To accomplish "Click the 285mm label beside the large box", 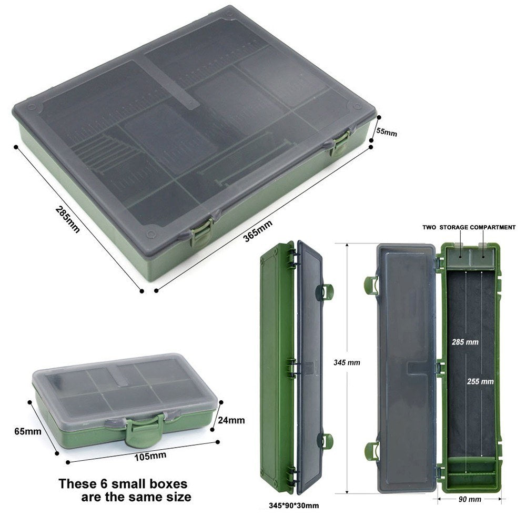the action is coord(67,219).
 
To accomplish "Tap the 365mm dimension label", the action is coord(258,231).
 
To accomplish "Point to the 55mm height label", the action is coord(387,132).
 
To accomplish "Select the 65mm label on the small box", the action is coord(27,431).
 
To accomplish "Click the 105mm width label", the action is coord(150,456).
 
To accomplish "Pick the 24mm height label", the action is coord(231,420).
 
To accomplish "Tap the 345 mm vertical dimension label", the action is coord(347,362).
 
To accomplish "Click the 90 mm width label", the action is coord(470,499).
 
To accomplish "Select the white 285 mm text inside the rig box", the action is coord(465,342).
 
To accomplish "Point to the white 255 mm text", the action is coord(480,381).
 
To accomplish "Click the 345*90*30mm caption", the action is coord(294,505).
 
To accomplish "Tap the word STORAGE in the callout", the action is coord(453,227).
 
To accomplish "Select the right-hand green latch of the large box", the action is coord(339,144).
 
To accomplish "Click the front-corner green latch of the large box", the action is coord(201,232).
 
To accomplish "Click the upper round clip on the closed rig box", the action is coord(326,292).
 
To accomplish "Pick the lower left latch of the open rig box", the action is coord(371,451).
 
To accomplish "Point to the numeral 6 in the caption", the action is coord(104,484).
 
